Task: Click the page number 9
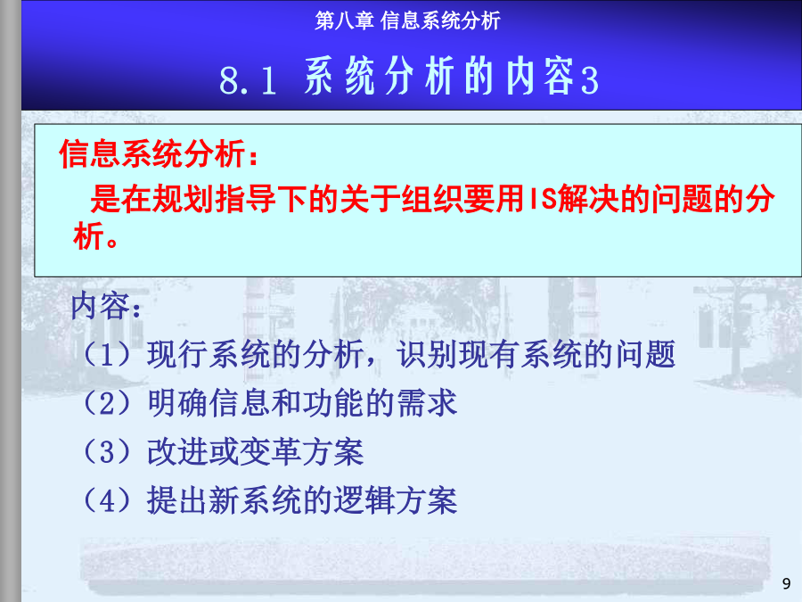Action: click(786, 583)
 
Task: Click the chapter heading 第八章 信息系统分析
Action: click(407, 21)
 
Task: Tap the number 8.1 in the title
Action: click(248, 81)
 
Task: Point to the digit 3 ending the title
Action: click(590, 81)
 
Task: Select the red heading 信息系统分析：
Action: click(160, 153)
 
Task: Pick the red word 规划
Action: click(183, 199)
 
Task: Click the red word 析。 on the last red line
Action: click(95, 236)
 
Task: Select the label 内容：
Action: click(106, 306)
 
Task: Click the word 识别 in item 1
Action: click(427, 354)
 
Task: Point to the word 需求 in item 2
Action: click(427, 403)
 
